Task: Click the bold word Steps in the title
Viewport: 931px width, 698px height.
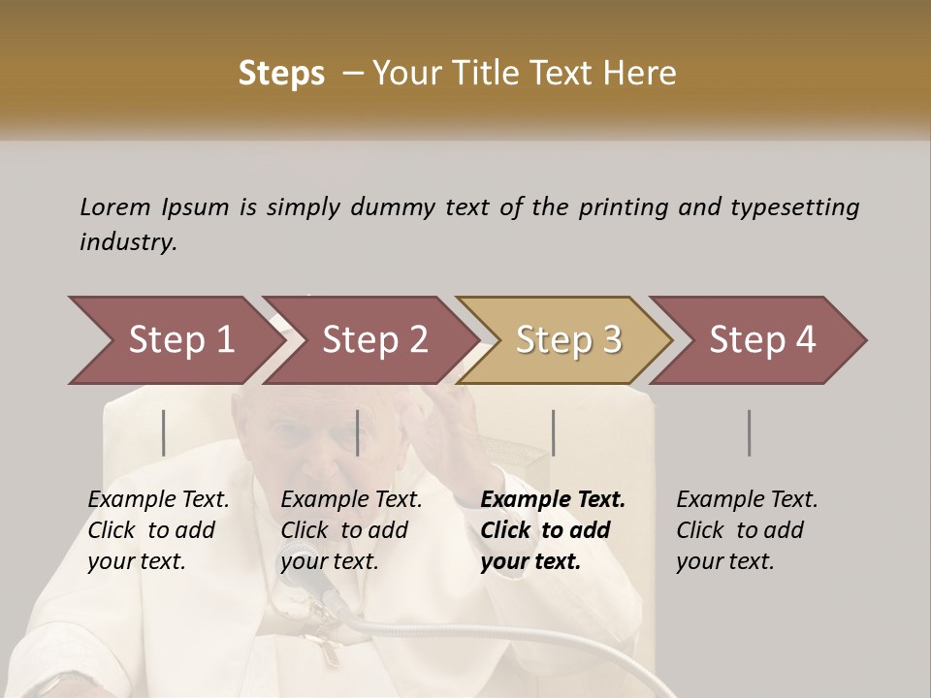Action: click(x=281, y=74)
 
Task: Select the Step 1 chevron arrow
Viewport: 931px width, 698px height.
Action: click(x=175, y=340)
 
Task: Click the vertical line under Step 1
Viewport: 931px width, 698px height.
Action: click(x=164, y=432)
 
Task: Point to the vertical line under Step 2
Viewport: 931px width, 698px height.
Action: click(x=358, y=432)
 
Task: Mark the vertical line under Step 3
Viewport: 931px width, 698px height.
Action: click(x=554, y=432)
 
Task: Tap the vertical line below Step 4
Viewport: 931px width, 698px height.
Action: click(x=749, y=432)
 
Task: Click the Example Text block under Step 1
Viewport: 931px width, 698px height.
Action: click(x=158, y=530)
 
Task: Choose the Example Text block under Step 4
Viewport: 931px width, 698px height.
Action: click(x=747, y=530)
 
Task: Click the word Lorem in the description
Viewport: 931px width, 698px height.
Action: click(x=115, y=207)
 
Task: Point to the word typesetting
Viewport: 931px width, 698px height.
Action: click(x=794, y=207)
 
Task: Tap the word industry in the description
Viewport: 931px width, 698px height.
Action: click(x=127, y=242)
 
